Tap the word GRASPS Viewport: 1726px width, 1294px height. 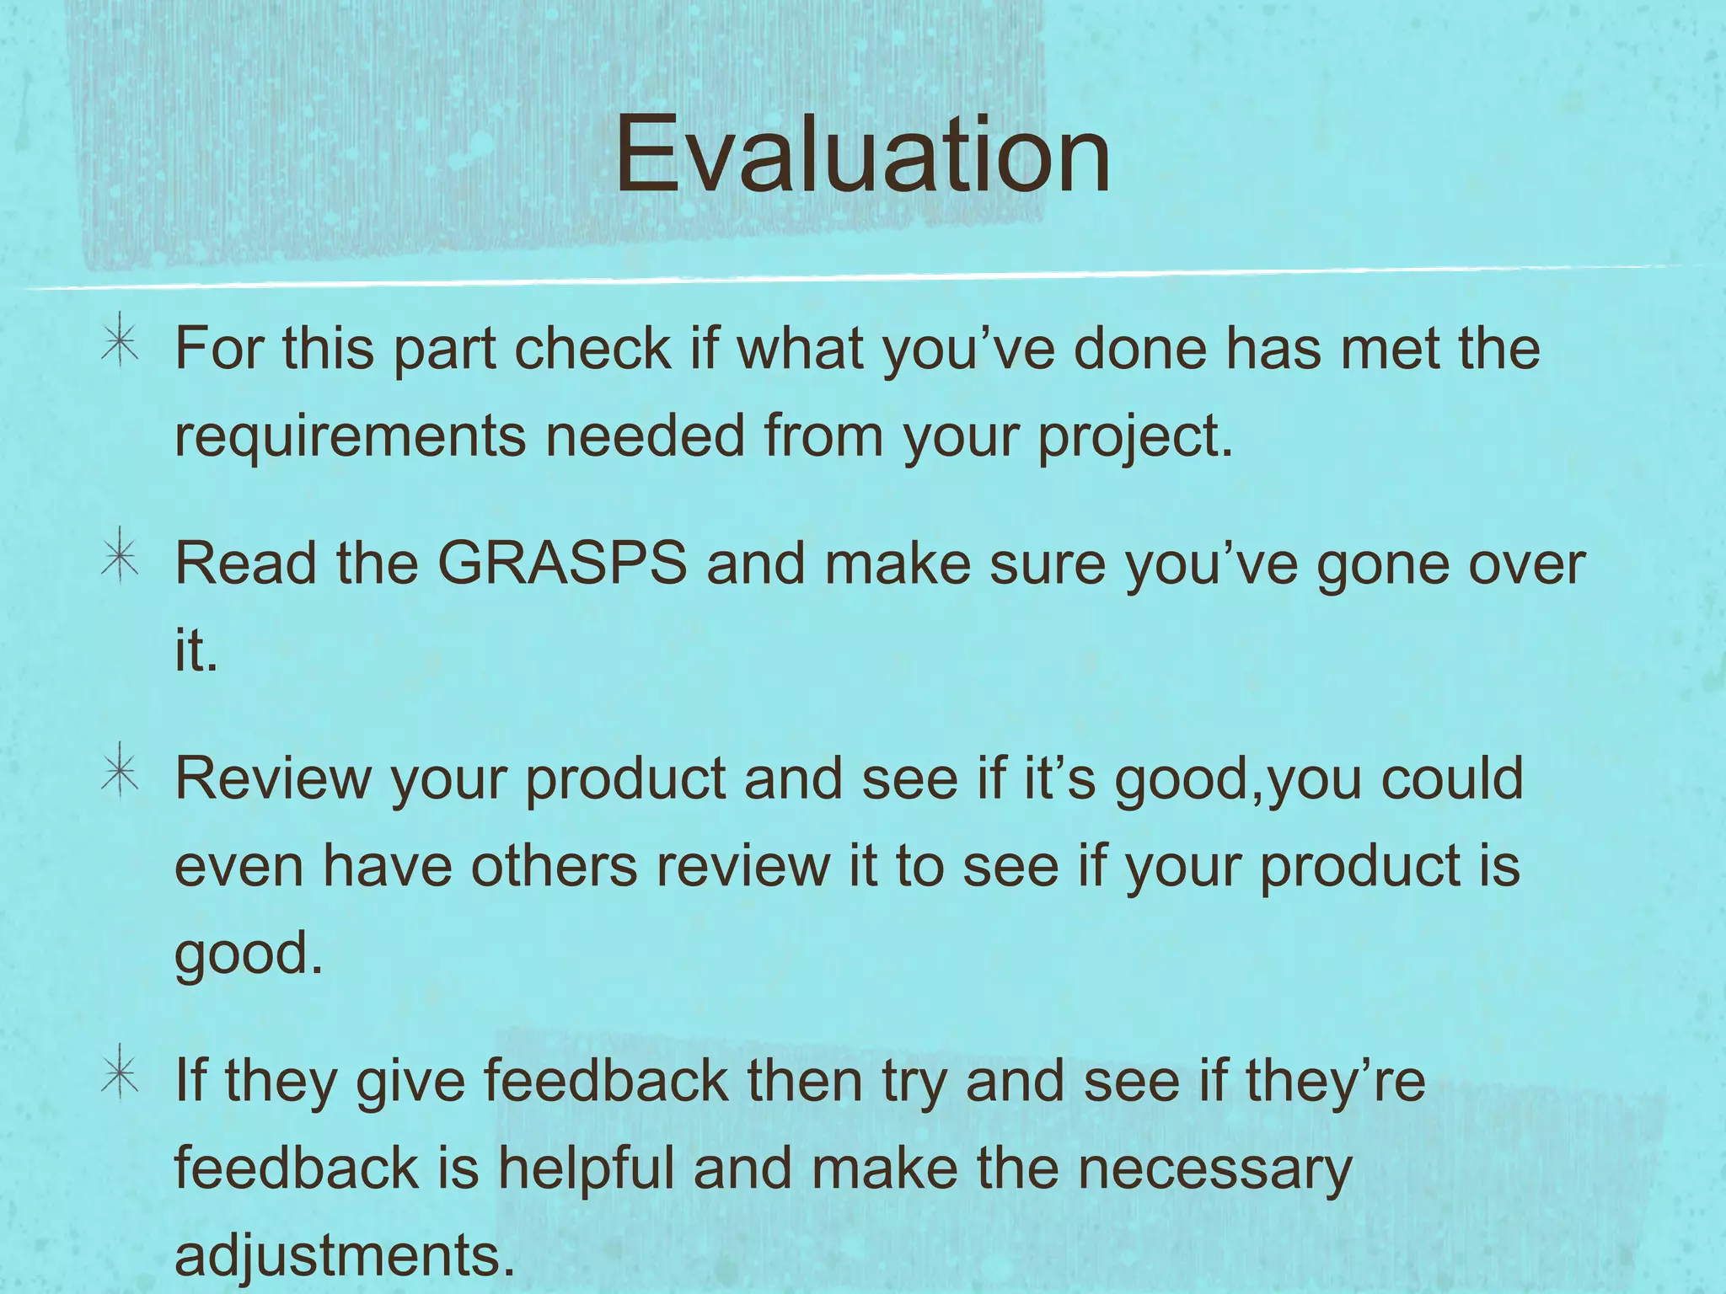[x=562, y=563]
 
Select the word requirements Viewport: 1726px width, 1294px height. [x=349, y=436]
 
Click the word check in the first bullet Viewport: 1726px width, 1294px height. [x=592, y=348]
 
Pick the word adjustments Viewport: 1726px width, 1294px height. [x=344, y=1255]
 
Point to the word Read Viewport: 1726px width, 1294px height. [x=245, y=563]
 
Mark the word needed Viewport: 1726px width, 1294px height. [x=645, y=436]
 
